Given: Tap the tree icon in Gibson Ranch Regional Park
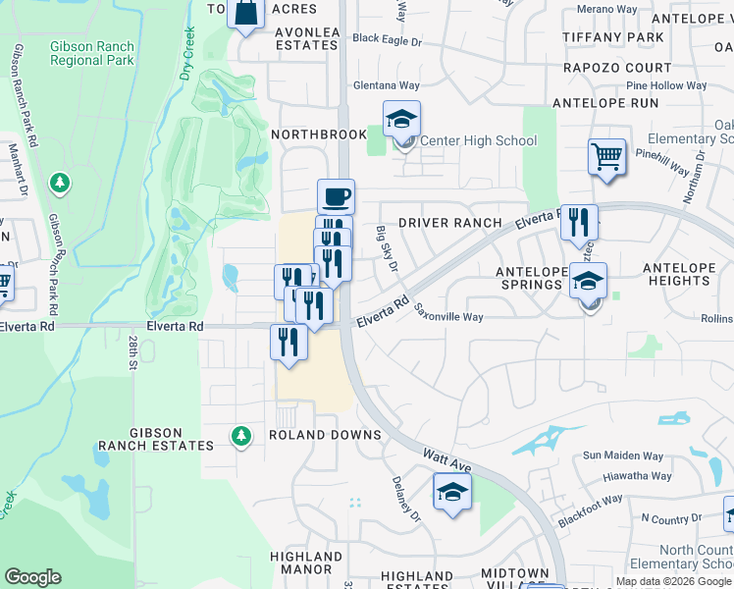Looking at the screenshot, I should point(61,183).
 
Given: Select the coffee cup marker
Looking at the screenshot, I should point(336,196).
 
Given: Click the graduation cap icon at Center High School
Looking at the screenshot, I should point(401,120).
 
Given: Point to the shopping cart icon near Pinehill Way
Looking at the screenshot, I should point(607,156).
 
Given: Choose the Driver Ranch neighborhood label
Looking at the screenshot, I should point(449,223).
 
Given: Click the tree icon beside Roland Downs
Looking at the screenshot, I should point(240,435).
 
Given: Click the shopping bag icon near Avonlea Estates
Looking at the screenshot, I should point(246,15).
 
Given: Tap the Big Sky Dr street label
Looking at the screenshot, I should point(386,248).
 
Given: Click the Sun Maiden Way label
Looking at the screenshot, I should point(623,455).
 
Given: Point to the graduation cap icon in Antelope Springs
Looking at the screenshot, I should point(588,281).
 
